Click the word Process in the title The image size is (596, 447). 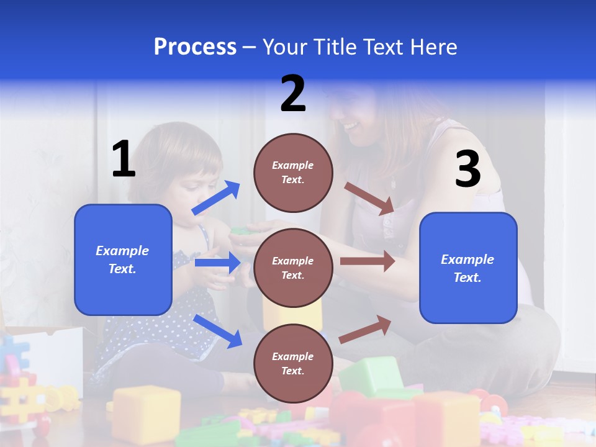(195, 47)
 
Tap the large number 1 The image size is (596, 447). (123, 160)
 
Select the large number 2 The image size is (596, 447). (293, 94)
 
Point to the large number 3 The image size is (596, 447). (467, 169)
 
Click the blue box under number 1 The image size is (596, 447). (123, 260)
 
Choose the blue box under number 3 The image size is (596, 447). (468, 268)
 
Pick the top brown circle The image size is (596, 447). (293, 173)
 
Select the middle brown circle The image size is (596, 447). (293, 268)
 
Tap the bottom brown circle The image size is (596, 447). (293, 364)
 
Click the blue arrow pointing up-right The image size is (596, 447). (216, 198)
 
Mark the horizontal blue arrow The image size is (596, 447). (217, 263)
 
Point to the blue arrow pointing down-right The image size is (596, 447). (217, 331)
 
